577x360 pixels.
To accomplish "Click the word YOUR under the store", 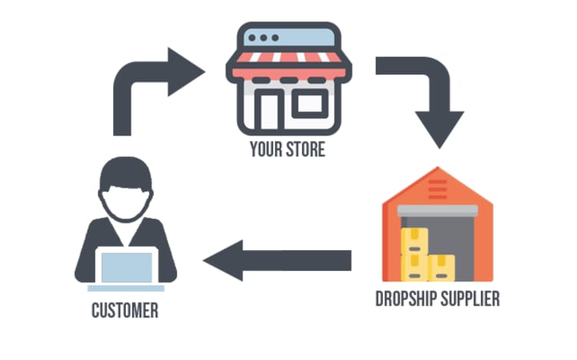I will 266,150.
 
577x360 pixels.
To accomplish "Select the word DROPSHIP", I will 407,299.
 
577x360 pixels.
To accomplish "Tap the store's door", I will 270,108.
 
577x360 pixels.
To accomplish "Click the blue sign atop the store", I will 288,37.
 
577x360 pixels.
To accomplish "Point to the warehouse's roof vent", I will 438,189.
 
